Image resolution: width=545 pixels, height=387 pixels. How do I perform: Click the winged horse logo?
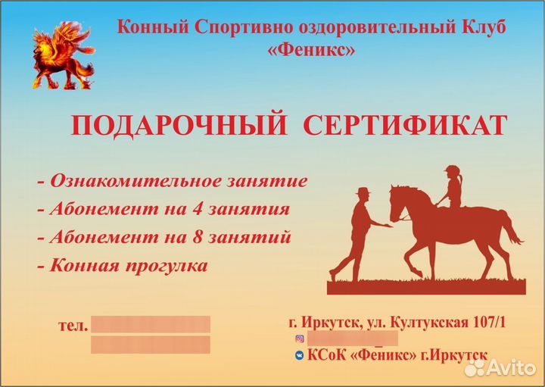click(x=62, y=55)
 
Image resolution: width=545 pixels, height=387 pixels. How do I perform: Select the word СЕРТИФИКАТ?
click(x=405, y=126)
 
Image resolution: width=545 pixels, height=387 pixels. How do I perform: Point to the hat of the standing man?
click(x=363, y=192)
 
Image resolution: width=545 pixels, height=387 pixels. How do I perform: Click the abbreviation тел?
click(x=73, y=326)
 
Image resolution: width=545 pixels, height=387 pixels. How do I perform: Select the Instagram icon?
click(x=300, y=339)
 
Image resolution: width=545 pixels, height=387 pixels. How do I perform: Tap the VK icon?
click(x=300, y=355)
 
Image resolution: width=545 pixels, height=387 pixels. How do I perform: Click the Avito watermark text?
click(x=508, y=367)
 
